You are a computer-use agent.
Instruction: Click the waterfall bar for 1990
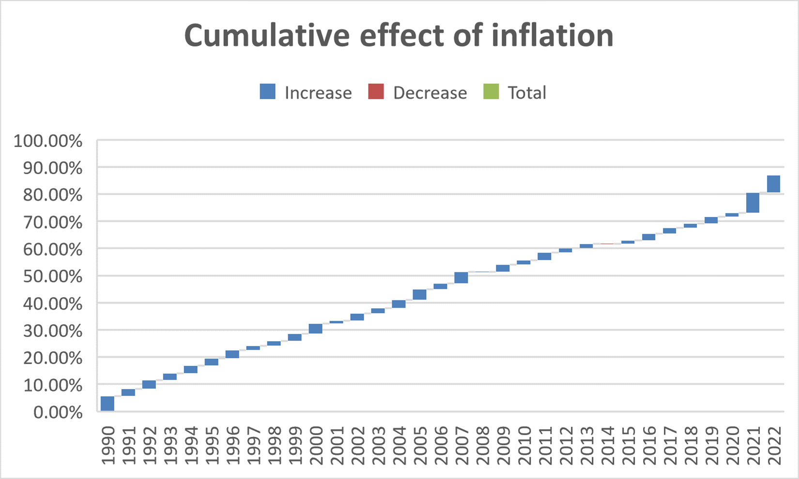tap(108, 404)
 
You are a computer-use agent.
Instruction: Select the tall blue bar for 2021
tap(753, 203)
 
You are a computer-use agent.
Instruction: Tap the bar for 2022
tap(773, 184)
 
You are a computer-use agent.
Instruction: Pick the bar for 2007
tap(461, 278)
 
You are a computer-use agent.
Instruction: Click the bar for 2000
tap(315, 329)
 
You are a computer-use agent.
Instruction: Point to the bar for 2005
tap(419, 295)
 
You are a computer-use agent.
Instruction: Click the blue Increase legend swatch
tap(267, 91)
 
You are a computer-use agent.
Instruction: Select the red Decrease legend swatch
tap(376, 91)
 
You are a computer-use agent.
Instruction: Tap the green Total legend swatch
tap(491, 91)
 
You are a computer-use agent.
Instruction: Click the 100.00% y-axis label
tap(48, 141)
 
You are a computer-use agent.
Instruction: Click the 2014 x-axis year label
tap(607, 445)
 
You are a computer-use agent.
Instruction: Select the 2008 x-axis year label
tap(482, 445)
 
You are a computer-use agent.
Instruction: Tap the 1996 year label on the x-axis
tap(232, 445)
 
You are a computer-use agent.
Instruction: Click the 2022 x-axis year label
tap(774, 445)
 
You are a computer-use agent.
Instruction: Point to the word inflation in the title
tap(552, 36)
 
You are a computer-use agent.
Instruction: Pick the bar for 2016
tap(648, 237)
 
